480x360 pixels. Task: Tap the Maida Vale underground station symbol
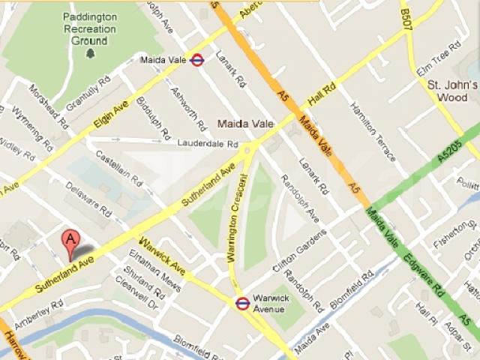198,60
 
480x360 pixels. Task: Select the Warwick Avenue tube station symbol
242,303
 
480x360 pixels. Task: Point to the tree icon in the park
91,53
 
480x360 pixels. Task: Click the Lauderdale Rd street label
208,143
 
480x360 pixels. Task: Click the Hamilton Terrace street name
373,133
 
